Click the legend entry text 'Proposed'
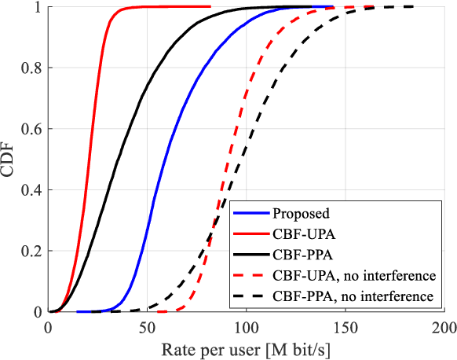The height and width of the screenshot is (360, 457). click(x=299, y=213)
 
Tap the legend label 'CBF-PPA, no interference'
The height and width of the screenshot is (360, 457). click(x=353, y=297)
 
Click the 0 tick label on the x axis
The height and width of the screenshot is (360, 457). click(x=49, y=326)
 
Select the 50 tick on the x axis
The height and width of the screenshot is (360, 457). click(x=148, y=326)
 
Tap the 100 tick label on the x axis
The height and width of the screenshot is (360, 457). click(x=247, y=326)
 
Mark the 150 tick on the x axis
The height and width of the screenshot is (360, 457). click(x=345, y=326)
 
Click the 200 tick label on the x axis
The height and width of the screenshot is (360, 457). click(x=444, y=326)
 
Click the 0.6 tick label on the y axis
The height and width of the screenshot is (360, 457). click(x=33, y=129)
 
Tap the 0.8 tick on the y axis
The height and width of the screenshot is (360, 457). click(x=33, y=68)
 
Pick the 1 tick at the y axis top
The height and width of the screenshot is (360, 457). click(x=38, y=7)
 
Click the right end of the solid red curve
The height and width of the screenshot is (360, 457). click(x=210, y=6)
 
